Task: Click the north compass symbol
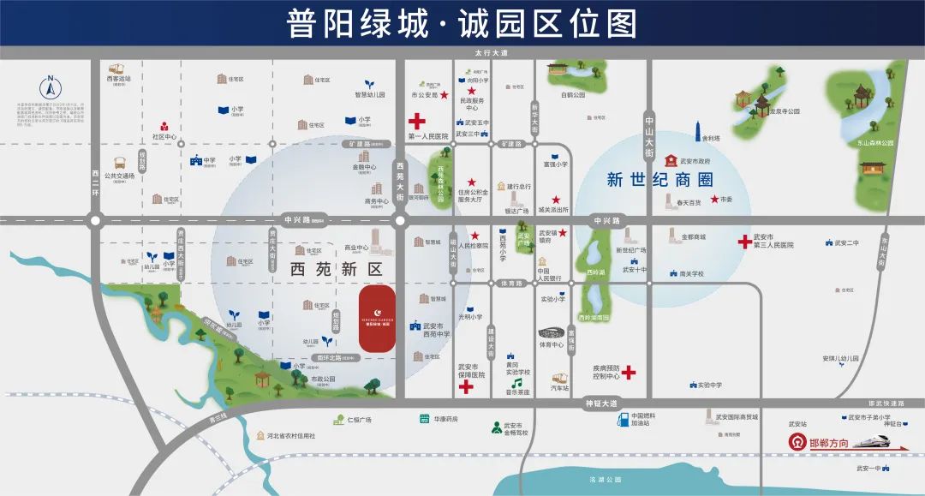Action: coord(50,87)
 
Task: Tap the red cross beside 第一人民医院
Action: coord(416,122)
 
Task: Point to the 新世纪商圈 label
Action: coord(659,180)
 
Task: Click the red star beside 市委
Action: coord(713,199)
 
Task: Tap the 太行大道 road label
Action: coord(492,53)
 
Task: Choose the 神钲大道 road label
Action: coord(601,403)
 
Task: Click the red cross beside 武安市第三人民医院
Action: coord(745,242)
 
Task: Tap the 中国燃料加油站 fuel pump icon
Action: coord(623,420)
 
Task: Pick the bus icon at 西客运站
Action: coord(116,69)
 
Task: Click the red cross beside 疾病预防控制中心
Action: coord(629,373)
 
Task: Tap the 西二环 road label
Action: coord(96,182)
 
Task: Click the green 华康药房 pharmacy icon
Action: coord(424,419)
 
